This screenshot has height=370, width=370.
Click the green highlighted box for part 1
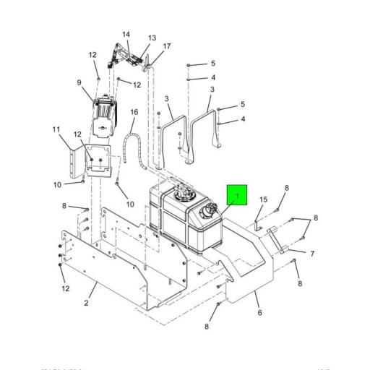click(x=237, y=195)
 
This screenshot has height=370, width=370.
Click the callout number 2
click(x=86, y=302)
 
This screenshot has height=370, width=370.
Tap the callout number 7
click(x=311, y=254)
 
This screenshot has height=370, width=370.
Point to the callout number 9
click(x=79, y=82)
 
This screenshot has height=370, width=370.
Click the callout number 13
click(x=152, y=38)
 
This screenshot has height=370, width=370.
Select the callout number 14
click(x=126, y=34)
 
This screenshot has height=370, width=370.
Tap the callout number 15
click(x=263, y=199)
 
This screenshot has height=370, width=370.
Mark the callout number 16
click(x=134, y=112)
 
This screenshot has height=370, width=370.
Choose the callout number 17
click(x=167, y=47)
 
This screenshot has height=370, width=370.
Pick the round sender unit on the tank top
click(x=182, y=194)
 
